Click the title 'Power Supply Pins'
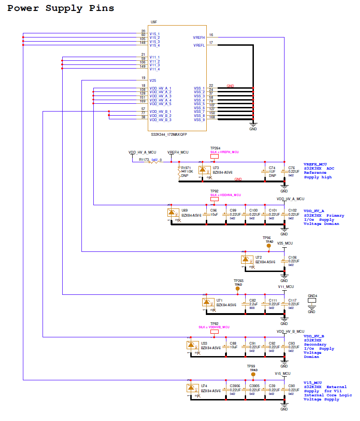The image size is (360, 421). pos(61,8)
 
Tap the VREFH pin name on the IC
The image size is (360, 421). pos(199,37)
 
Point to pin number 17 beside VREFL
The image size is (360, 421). pos(211,43)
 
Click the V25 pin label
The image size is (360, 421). pos(153,80)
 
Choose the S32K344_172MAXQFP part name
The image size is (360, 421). pos(169,135)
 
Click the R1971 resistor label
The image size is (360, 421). pos(186,168)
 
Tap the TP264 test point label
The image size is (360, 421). pos(215,149)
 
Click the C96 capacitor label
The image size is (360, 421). pos(213,210)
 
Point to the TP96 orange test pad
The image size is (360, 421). pos(269,245)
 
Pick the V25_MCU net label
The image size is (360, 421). pos(285,243)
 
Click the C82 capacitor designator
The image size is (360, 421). pos(252,300)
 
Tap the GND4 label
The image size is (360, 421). pos(312,295)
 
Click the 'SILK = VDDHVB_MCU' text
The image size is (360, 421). pos(214,327)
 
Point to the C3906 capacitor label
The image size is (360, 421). pos(235,386)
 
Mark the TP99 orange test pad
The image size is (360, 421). pos(253,374)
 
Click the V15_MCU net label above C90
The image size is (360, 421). pos(283,373)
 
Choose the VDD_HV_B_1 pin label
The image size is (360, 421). pos(160,112)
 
